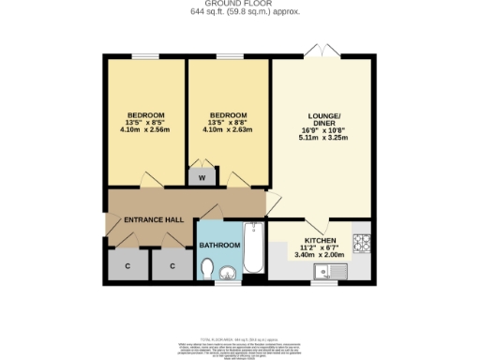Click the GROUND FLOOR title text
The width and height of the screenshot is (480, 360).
(239, 4)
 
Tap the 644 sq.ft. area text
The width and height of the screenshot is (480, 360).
(239, 11)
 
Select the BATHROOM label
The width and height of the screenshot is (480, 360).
(219, 246)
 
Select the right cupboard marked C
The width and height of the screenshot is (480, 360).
(172, 266)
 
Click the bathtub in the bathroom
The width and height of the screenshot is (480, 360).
(253, 250)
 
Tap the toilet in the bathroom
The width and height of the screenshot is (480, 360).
(208, 270)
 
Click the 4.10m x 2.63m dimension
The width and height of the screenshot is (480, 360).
(228, 129)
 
